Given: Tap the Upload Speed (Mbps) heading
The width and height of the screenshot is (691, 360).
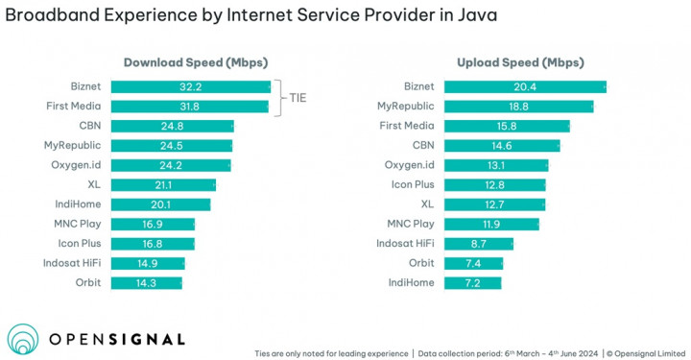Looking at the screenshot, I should click(x=518, y=63).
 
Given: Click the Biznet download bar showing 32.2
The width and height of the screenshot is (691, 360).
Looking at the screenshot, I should click(x=191, y=86).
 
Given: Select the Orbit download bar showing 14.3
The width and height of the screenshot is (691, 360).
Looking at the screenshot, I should click(x=147, y=283).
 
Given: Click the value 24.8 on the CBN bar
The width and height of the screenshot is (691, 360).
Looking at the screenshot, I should click(x=173, y=126).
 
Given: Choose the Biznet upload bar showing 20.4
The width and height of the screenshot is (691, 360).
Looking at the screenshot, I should click(x=525, y=86).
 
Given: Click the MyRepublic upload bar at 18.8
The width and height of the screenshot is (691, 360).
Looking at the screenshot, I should click(x=518, y=106).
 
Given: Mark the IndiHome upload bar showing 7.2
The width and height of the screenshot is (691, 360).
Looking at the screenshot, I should click(x=473, y=283).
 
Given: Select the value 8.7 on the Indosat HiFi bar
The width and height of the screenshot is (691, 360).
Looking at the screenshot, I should click(x=479, y=244).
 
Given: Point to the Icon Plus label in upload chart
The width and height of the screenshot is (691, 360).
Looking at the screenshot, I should click(x=412, y=185).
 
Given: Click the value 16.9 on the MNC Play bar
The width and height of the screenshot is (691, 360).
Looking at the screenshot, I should click(x=154, y=225).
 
